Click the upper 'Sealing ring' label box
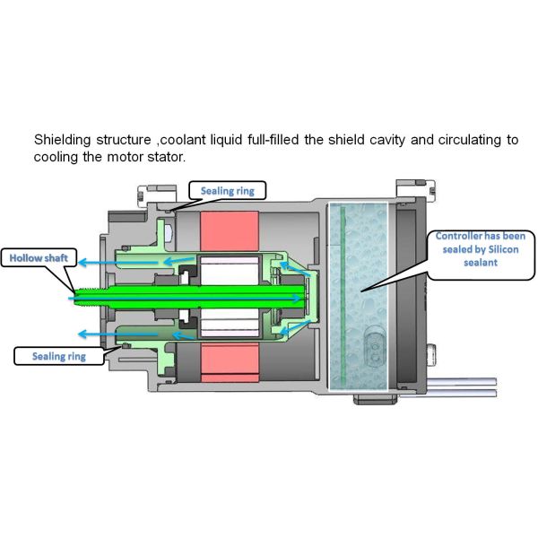click(x=228, y=190)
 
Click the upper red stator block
click(x=230, y=232)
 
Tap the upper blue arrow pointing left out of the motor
click(x=99, y=263)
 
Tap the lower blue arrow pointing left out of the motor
click(x=99, y=334)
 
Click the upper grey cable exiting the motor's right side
click(x=466, y=380)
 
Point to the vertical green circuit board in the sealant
click(x=343, y=296)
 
